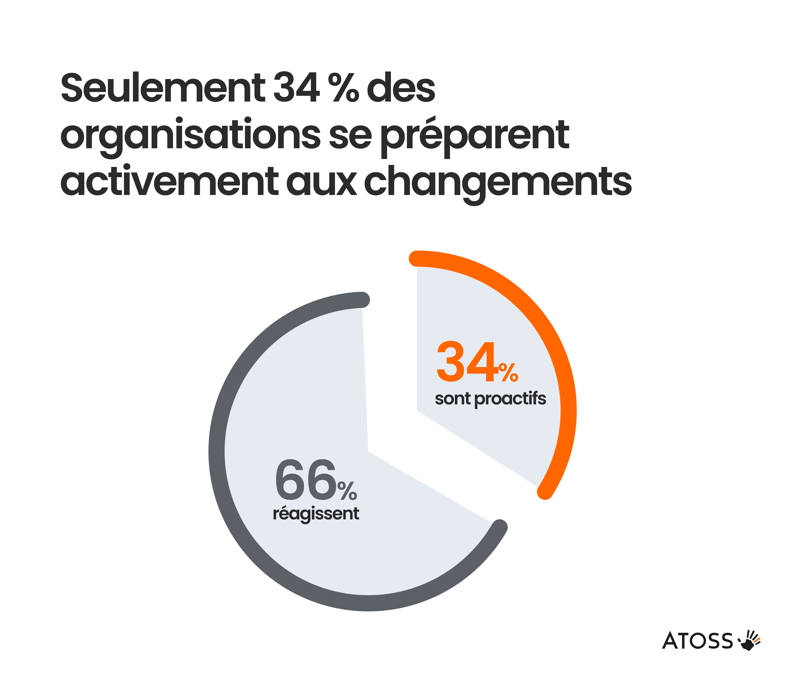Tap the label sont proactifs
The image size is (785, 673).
pyautogui.click(x=490, y=399)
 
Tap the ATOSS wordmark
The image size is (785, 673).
pyautogui.click(x=697, y=641)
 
